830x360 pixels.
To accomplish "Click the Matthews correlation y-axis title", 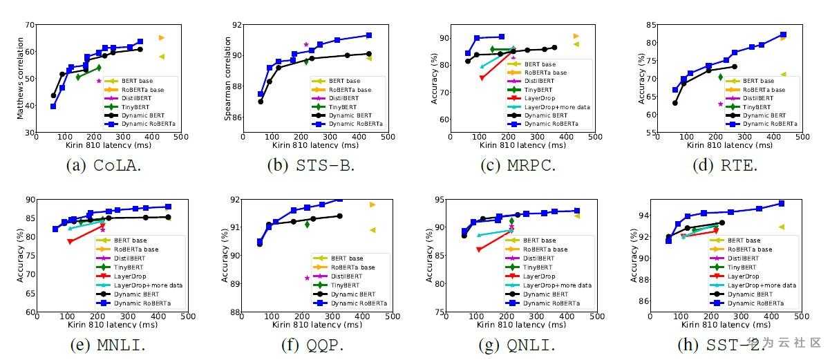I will [x=19, y=78].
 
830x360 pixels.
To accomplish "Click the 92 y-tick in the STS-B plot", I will [x=236, y=25].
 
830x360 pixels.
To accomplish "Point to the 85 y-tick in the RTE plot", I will [x=650, y=25].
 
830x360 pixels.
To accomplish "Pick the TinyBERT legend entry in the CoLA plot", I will [x=134, y=107].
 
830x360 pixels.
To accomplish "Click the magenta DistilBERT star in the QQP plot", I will [x=307, y=278].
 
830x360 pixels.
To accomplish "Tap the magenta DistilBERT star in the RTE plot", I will [x=720, y=104].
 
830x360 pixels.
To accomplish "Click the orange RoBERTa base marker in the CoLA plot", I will [x=161, y=37].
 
